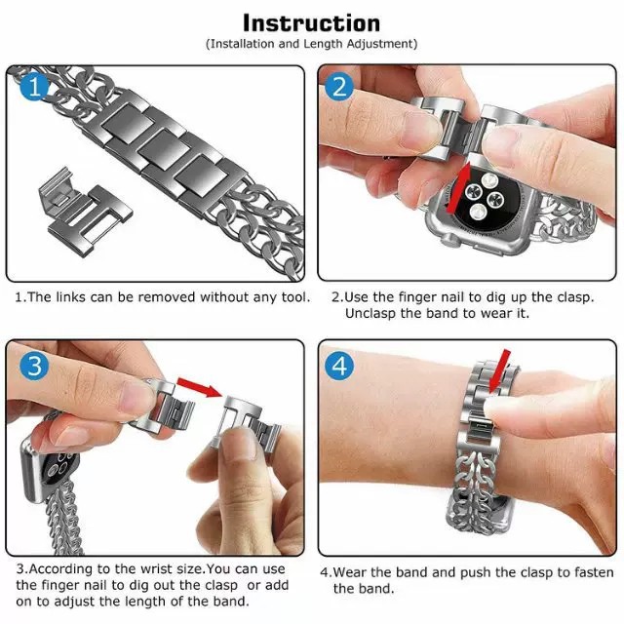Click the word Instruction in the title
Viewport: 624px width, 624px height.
click(x=312, y=23)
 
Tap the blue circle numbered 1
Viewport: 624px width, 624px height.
click(x=35, y=87)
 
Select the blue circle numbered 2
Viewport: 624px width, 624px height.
click(x=339, y=87)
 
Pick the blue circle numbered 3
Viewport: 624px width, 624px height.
click(x=35, y=365)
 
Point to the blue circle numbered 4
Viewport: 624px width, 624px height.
click(x=339, y=365)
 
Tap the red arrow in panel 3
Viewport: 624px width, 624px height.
click(x=199, y=387)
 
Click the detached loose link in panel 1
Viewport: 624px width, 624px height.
click(x=85, y=210)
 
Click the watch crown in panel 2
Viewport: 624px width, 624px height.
click(x=448, y=239)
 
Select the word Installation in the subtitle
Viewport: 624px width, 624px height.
click(x=242, y=43)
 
